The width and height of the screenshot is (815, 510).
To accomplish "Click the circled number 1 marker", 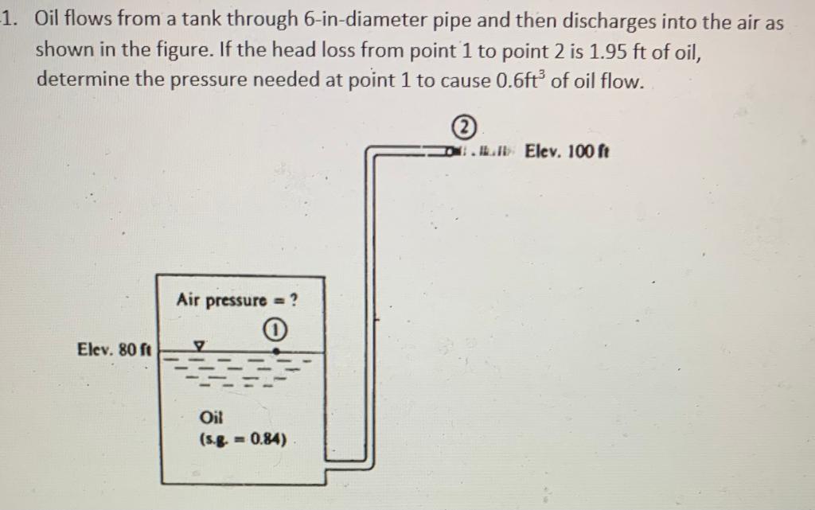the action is [275, 329].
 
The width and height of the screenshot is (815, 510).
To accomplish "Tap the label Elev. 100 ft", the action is [567, 151].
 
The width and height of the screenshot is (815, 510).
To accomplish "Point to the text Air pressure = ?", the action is [237, 300].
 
